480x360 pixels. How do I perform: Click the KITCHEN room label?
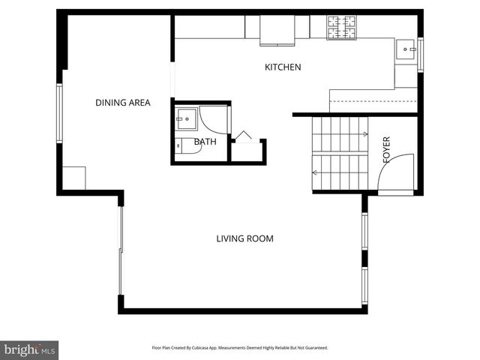coord(283,67)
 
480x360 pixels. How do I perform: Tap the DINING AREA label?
coord(122,103)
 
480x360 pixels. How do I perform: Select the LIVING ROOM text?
coord(244,239)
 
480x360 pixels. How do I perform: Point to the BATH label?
coord(205,142)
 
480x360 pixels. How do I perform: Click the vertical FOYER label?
coord(387,150)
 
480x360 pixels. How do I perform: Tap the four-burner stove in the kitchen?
coord(342,27)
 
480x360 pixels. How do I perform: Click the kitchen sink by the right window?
coord(406,50)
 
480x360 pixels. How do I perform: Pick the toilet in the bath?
coord(185,147)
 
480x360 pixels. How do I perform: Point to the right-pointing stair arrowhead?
coord(366,135)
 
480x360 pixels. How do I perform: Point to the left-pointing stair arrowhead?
coord(316,172)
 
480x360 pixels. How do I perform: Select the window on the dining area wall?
coord(58,112)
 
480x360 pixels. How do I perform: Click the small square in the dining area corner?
coord(73,178)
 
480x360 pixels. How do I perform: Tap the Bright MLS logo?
coord(29,349)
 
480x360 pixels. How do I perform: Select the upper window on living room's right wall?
coord(364,231)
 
